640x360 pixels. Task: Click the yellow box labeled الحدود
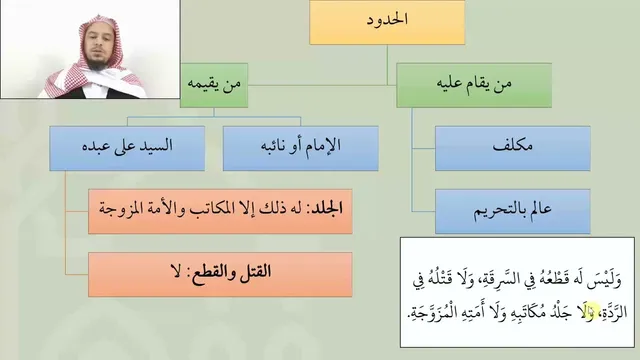387,22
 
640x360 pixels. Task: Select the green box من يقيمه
214,85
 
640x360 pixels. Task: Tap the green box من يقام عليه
474,85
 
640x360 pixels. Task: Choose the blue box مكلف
513,148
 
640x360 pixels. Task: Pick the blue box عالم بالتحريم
513,211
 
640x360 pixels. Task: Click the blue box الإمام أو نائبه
300,148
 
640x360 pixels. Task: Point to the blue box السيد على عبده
127,148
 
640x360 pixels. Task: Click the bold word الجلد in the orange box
327,209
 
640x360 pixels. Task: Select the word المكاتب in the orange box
213,209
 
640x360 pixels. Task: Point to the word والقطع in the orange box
216,273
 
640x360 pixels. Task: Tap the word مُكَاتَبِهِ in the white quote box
522,313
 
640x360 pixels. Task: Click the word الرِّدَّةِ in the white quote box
615,313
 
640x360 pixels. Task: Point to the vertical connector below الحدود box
387,65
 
